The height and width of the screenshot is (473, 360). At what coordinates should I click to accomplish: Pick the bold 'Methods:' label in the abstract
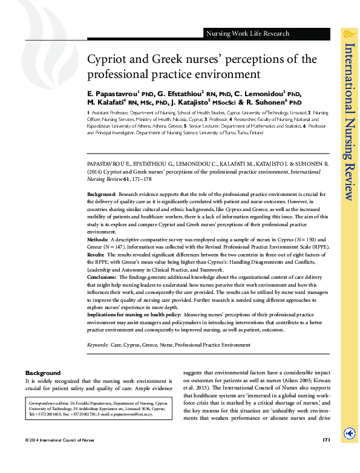97,241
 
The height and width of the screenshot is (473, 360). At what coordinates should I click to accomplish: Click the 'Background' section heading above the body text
43,373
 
